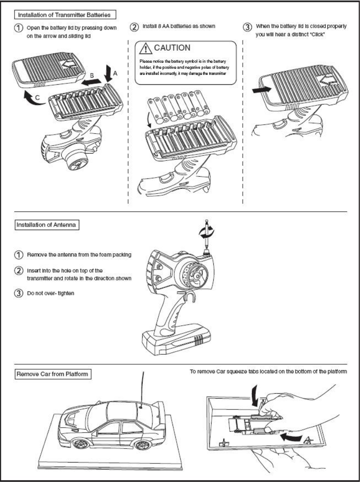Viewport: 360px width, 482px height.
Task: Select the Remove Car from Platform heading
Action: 51,375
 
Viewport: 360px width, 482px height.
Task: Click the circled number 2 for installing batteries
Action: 134,27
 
